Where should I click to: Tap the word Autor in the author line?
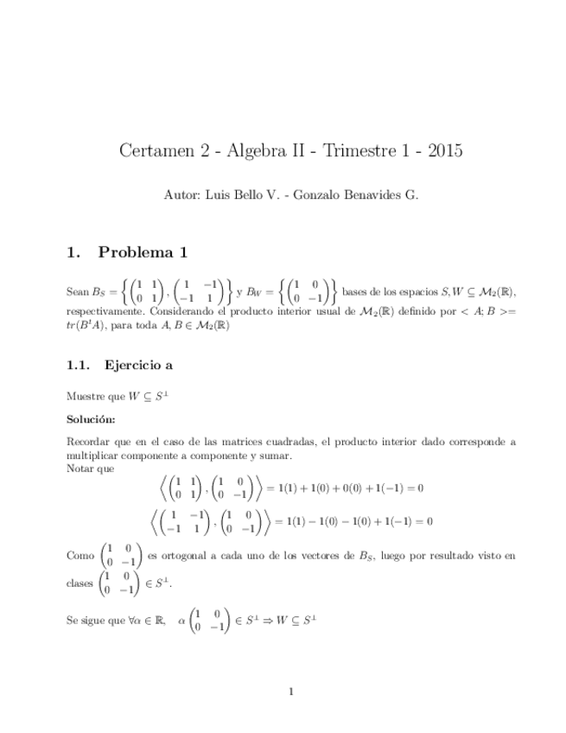click(180, 195)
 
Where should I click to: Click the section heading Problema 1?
click(143, 253)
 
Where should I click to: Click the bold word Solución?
click(91, 419)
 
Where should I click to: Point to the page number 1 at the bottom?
click(292, 691)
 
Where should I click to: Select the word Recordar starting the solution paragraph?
click(90, 442)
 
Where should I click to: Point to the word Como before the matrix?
click(80, 557)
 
